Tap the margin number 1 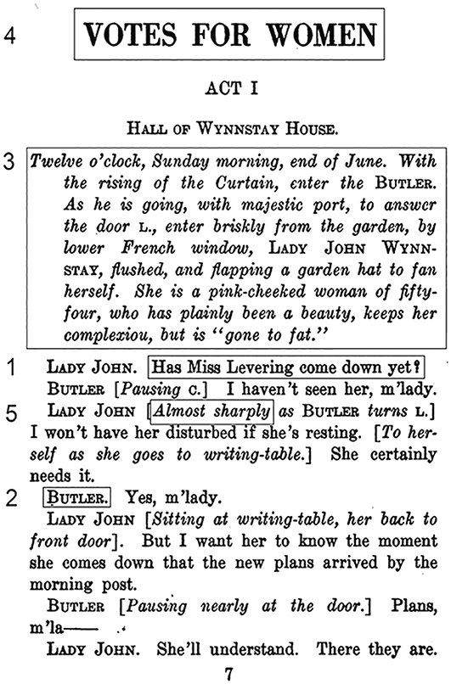11,368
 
